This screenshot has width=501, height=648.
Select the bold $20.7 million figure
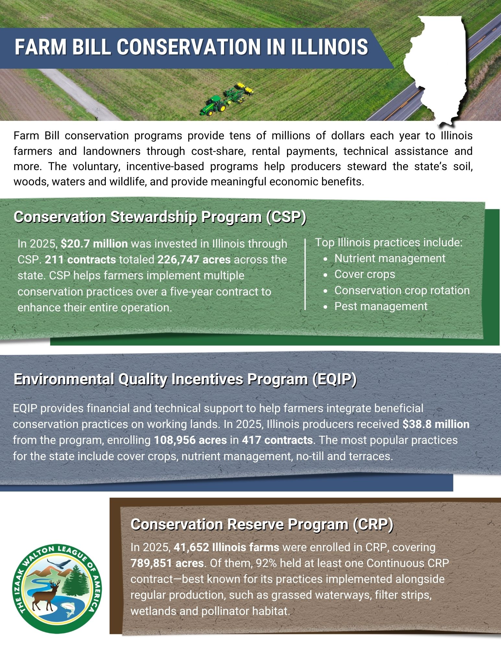(x=94, y=244)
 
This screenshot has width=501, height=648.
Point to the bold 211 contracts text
(x=80, y=260)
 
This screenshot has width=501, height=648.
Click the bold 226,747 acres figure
(x=194, y=260)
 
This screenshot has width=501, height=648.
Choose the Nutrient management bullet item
(x=389, y=258)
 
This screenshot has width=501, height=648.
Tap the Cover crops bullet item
(x=364, y=274)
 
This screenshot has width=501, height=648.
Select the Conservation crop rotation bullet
(x=402, y=290)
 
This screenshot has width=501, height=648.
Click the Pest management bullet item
(x=381, y=306)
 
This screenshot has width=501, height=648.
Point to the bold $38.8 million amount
(x=436, y=424)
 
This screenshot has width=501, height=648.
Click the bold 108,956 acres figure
(x=190, y=440)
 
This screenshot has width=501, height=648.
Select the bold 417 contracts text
(x=277, y=440)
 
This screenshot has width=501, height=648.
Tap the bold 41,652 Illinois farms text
(x=226, y=547)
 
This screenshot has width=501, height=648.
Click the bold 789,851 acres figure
(x=167, y=563)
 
